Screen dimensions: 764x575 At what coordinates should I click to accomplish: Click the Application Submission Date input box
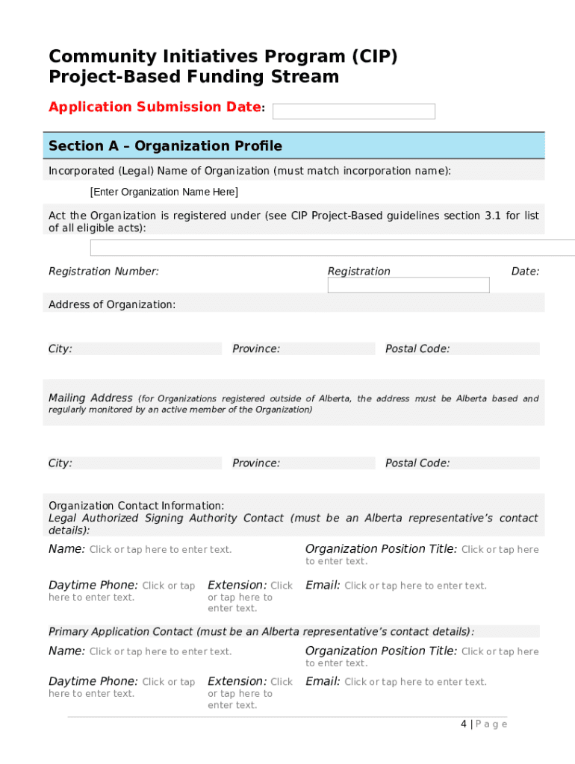pos(353,111)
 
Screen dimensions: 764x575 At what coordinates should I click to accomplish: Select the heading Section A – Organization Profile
pos(165,145)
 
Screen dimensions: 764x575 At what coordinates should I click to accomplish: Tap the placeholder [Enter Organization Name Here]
pos(164,192)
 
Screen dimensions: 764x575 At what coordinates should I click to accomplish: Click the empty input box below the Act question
pos(332,248)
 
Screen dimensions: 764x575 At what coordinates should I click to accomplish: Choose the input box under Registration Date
pos(408,285)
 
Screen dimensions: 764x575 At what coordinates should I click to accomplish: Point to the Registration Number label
pos(104,272)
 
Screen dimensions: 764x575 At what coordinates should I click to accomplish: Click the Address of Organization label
pos(112,304)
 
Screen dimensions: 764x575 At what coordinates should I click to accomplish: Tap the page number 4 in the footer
pos(464,724)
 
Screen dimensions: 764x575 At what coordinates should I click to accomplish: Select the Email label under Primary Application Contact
pos(323,681)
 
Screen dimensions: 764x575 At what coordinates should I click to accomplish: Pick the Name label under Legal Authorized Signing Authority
pos(66,549)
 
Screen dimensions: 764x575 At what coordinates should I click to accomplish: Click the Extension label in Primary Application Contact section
pos(237,681)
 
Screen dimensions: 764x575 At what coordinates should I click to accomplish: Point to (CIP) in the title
pos(371,57)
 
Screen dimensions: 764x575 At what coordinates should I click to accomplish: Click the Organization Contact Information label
pos(136,506)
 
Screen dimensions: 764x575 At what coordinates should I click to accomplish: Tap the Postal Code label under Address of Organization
pos(417,349)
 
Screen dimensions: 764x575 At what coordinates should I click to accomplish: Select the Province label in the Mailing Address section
pos(256,463)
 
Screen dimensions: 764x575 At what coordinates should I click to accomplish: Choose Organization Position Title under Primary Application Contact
pos(381,651)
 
